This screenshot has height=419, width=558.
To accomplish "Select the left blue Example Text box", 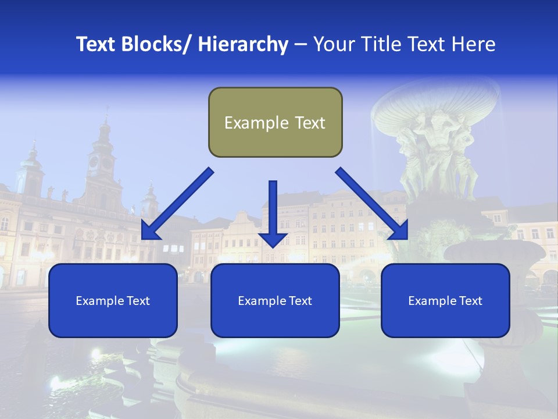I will point(113,300).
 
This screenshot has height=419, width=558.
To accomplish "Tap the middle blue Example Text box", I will point(275,300).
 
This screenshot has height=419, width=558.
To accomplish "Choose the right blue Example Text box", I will point(445,300).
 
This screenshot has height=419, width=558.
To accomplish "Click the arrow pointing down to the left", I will point(177,204).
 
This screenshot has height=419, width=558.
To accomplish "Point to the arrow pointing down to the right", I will point(372,204).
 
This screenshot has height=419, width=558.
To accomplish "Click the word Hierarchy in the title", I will point(243,44).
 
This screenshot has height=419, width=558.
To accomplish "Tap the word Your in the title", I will point(334,44).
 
